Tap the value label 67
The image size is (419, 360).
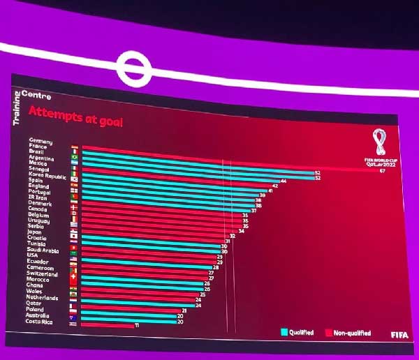(383, 172)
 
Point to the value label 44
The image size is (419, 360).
(284, 180)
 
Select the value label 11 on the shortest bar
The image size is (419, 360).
(137, 326)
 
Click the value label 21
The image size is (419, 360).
(184, 310)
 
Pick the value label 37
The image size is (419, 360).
(254, 210)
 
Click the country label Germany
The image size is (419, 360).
(41, 141)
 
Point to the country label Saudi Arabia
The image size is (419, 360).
(41, 250)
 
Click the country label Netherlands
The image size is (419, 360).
(42, 298)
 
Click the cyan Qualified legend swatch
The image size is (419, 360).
(284, 332)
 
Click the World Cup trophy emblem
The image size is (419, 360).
(379, 143)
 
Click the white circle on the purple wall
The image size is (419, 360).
(131, 68)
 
